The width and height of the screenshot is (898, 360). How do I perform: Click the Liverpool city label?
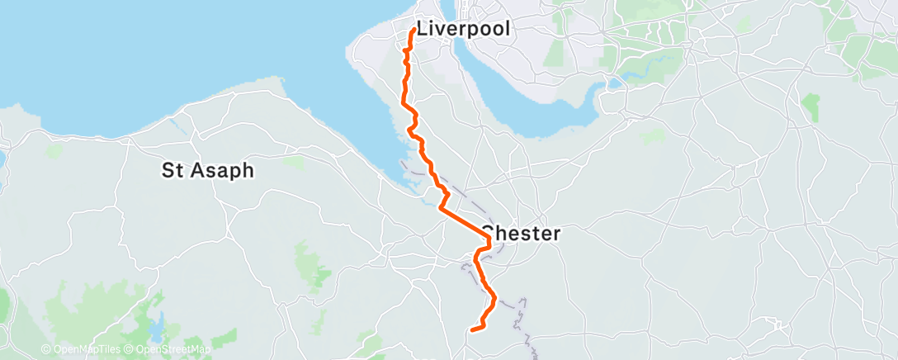coord(463,28)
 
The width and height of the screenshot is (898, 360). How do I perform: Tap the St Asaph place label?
coord(207,171)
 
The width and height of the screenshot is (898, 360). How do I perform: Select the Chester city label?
coord(522,234)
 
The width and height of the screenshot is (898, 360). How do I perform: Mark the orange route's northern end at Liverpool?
coord(413,31)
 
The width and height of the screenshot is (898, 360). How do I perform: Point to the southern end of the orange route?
coord(472,330)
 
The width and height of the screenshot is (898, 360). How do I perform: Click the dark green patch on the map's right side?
coord(811,107)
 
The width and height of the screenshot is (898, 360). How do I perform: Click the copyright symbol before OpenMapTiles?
coord(45,350)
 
